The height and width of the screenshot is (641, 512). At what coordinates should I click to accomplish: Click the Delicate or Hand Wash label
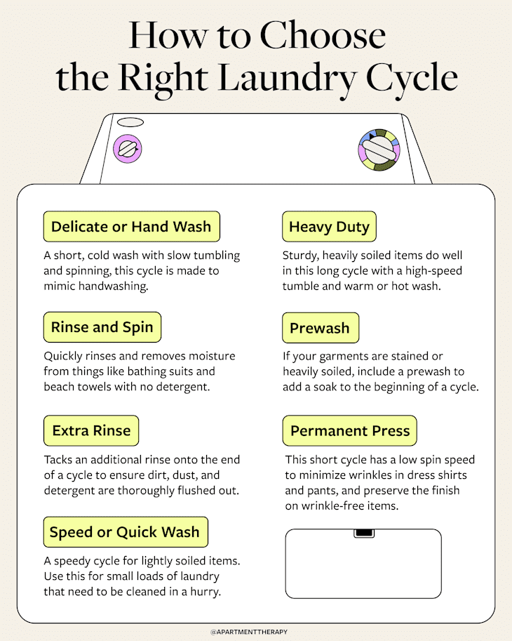[x=131, y=227]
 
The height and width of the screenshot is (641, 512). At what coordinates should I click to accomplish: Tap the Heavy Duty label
[x=330, y=227]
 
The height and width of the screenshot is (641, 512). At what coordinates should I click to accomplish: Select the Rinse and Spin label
[x=102, y=328]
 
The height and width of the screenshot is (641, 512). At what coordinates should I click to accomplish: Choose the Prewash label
[x=320, y=329]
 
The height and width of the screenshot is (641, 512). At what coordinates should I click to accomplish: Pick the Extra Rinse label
[x=91, y=430]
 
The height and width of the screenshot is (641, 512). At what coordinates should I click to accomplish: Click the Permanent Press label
[x=349, y=430]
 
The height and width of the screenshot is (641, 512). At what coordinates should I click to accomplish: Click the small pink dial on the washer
[x=128, y=149]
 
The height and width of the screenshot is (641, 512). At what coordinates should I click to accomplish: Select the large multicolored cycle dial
[x=379, y=150]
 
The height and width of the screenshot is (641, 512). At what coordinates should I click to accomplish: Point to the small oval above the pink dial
[x=130, y=122]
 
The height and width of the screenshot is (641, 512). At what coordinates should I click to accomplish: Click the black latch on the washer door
[x=363, y=534]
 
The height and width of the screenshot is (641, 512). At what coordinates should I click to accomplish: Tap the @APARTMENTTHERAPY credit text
[x=255, y=632]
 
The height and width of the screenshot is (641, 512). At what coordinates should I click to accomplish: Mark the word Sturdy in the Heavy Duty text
[x=300, y=256]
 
